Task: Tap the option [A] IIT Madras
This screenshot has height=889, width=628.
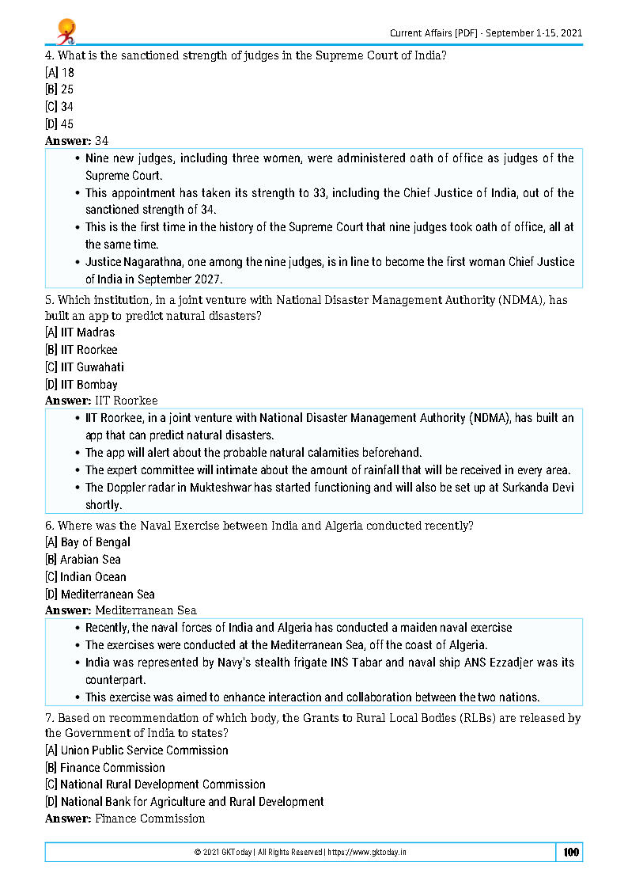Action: pyautogui.click(x=80, y=332)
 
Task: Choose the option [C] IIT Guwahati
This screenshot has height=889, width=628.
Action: pyautogui.click(x=85, y=367)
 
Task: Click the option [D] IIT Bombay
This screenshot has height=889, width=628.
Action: pyautogui.click(x=81, y=385)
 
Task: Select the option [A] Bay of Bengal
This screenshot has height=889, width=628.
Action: pyautogui.click(x=88, y=542)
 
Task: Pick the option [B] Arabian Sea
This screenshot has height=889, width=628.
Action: pyautogui.click(x=83, y=560)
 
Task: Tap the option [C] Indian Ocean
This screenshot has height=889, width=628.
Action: pyautogui.click(x=85, y=577)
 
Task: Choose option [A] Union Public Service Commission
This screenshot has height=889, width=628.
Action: pyautogui.click(x=137, y=750)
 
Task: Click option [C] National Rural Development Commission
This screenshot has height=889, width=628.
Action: pyautogui.click(x=155, y=785)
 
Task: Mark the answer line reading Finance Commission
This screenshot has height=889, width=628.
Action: pyautogui.click(x=149, y=819)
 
